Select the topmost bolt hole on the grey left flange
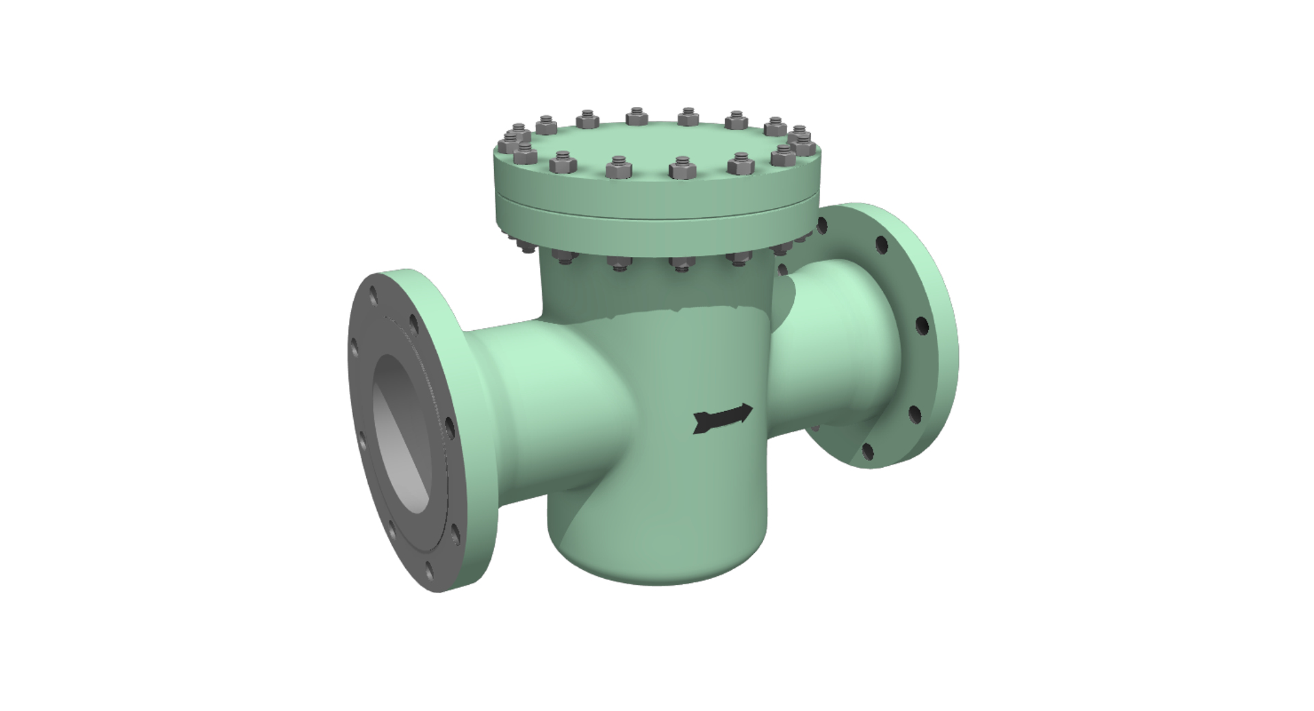pyautogui.click(x=373, y=296)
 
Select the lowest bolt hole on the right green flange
pyautogui.click(x=867, y=451)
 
